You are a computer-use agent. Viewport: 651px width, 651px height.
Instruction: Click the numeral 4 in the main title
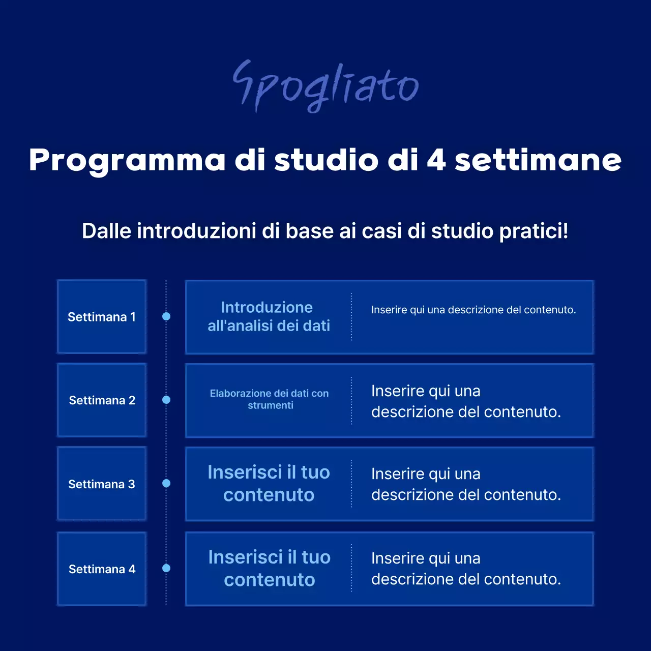[436, 160]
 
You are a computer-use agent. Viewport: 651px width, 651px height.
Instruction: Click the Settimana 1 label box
[102, 317]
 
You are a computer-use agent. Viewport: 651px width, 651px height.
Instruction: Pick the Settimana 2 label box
[102, 400]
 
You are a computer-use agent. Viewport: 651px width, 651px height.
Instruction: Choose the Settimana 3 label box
[102, 484]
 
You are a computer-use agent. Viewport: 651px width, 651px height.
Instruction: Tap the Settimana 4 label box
[102, 569]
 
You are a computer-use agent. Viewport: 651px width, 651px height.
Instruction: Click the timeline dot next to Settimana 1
[166, 316]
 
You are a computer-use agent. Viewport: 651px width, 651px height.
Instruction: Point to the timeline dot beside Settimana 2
[166, 400]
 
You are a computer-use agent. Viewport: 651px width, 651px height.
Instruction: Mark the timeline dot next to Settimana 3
[166, 483]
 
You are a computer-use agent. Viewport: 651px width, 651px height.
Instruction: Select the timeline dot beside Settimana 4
[166, 568]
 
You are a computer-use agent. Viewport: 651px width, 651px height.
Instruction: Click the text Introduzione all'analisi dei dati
[269, 316]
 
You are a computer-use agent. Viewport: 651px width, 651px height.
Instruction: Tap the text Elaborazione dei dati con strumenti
[270, 399]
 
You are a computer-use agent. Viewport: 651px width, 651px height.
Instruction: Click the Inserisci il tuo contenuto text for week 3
[269, 483]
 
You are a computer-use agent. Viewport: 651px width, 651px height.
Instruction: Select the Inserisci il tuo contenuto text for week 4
[269, 568]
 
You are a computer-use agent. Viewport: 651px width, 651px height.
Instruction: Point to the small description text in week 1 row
[474, 310]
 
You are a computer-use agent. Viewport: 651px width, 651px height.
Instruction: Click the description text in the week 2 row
[466, 401]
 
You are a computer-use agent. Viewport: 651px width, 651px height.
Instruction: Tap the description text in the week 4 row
[466, 569]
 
